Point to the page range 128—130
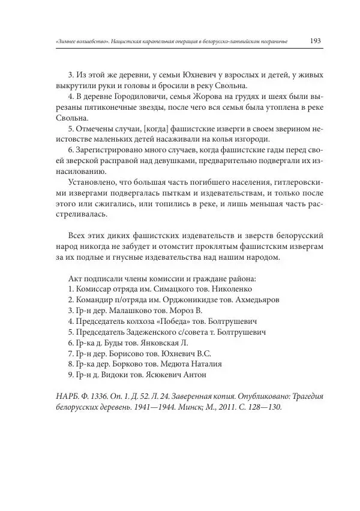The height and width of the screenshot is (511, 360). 259,407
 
